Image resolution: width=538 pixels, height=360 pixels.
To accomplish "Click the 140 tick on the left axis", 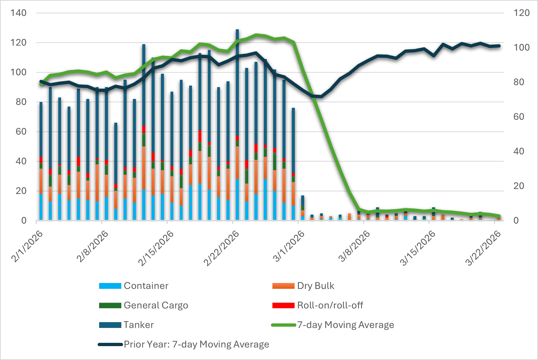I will [18, 13].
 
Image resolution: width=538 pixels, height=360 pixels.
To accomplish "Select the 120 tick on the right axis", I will [521, 13].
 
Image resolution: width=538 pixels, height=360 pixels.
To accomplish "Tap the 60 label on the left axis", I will [21, 132].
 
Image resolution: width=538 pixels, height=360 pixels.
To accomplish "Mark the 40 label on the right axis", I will [519, 151].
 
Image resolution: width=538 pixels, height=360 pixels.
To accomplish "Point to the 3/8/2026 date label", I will [354, 246].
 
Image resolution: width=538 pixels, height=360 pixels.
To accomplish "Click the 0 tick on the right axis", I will [516, 220].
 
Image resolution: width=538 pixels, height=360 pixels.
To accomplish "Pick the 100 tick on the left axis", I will [18, 72].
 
